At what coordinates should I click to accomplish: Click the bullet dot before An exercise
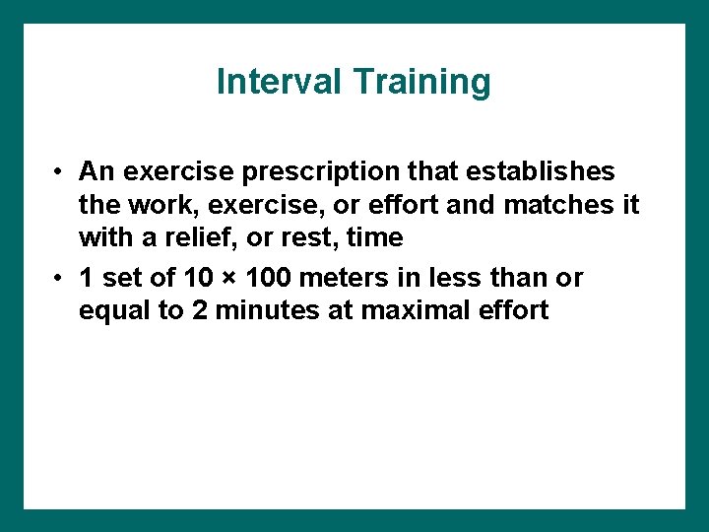(60, 172)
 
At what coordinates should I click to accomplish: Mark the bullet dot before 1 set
(60, 279)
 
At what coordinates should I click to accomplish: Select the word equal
(110, 310)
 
